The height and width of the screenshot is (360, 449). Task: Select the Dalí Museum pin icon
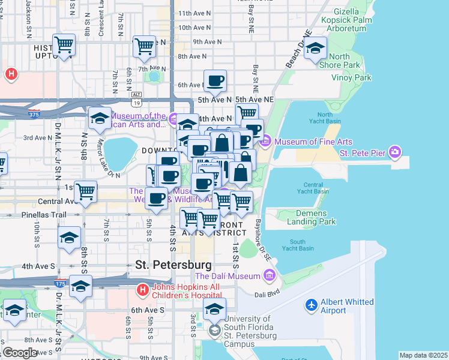pyautogui.click(x=269, y=276)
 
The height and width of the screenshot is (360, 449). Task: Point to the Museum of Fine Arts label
pyautogui.click(x=313, y=142)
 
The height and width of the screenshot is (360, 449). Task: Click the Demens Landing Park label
pyautogui.click(x=319, y=217)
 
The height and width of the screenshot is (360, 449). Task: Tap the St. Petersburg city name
pyautogui.click(x=173, y=264)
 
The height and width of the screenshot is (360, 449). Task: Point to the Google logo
pyautogui.click(x=19, y=353)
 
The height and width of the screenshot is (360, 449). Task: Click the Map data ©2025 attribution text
pyautogui.click(x=423, y=355)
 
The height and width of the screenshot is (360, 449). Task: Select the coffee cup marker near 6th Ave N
pyautogui.click(x=215, y=81)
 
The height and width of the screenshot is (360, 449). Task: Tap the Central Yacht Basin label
pyautogui.click(x=313, y=188)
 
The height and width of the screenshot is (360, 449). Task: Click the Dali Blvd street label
pyautogui.click(x=267, y=294)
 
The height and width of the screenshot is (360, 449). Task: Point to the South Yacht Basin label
pyautogui.click(x=298, y=244)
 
